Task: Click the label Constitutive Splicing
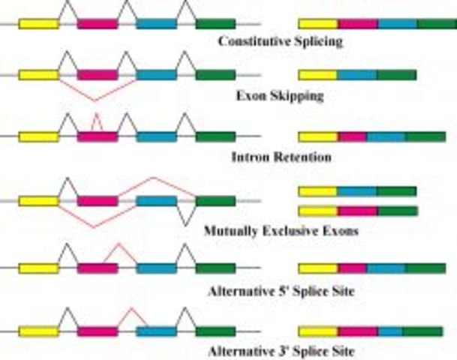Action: click(280, 41)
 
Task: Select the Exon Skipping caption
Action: click(280, 96)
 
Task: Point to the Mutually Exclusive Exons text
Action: click(281, 231)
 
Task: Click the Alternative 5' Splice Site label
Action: click(281, 291)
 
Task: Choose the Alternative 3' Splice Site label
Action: click(281, 350)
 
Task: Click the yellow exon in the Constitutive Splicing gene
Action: click(38, 23)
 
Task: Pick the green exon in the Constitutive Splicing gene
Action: click(215, 23)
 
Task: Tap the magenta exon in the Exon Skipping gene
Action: click(98, 75)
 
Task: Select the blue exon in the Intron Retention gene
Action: click(156, 136)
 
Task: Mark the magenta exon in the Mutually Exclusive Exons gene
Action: click(98, 201)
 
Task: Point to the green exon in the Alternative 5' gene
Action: click(215, 268)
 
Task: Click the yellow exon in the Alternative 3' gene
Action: click(38, 331)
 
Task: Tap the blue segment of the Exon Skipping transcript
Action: click(356, 74)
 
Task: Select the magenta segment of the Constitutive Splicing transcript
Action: click(358, 23)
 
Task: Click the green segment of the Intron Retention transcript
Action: click(425, 136)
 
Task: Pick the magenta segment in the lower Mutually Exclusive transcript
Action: click(356, 211)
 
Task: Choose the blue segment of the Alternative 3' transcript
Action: click(390, 331)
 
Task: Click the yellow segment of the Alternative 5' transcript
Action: click(318, 268)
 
